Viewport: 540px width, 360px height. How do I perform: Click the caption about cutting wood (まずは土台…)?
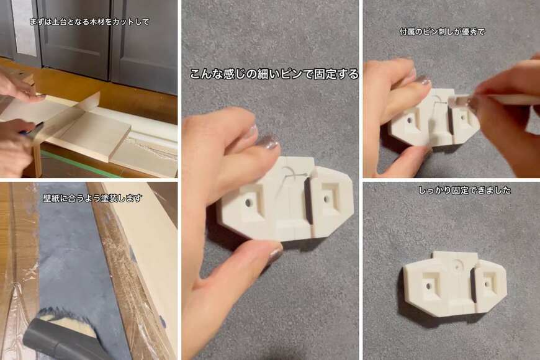pos(89,22)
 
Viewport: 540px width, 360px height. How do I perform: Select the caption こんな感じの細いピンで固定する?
pos(274,74)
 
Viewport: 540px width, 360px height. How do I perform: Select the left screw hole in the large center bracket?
pos(249,202)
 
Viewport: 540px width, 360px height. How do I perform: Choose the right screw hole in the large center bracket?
pos(326,199)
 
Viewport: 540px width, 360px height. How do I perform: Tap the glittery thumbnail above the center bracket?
pos(268,143)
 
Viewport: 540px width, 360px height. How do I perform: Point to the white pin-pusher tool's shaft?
pos(509,99)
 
